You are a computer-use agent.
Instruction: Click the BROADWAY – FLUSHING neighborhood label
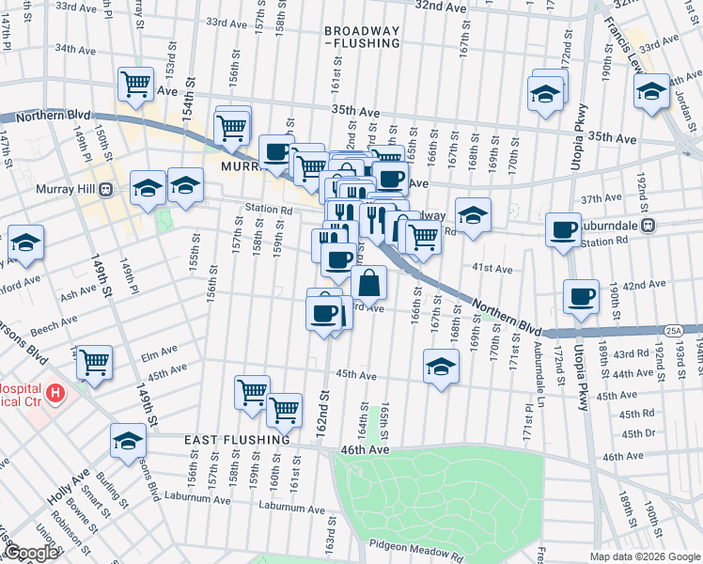362,36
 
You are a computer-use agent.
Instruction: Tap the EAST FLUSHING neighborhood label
237,440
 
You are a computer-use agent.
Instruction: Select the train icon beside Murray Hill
105,188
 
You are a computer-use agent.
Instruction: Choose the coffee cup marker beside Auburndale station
564,229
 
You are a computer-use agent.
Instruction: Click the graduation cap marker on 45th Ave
440,367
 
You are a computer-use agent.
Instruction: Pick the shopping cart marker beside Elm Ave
94,362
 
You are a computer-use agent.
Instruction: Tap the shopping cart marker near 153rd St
135,85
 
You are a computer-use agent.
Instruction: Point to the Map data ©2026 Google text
644,556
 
